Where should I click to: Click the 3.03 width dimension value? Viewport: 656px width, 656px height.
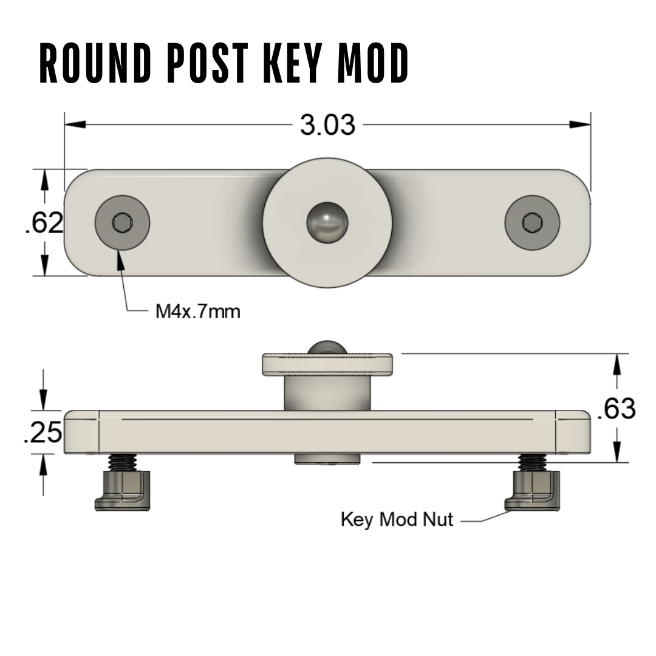(x=327, y=125)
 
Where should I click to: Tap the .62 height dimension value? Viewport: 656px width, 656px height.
(x=44, y=222)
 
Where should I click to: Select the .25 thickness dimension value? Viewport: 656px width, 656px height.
(x=43, y=432)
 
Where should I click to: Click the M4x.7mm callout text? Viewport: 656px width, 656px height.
(x=198, y=312)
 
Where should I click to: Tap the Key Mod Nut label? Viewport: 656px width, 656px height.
(x=397, y=519)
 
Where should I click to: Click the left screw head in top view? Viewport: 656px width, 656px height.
(x=122, y=222)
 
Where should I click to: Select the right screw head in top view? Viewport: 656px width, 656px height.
(x=532, y=222)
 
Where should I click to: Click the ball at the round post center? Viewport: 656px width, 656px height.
(x=327, y=222)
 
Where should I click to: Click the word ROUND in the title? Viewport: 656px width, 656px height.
(x=95, y=63)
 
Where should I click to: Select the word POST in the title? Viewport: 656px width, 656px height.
(x=208, y=63)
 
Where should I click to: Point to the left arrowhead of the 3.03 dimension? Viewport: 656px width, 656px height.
(x=75, y=125)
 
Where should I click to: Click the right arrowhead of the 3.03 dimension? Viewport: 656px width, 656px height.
(x=580, y=125)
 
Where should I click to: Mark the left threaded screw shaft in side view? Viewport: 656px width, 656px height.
(x=122, y=462)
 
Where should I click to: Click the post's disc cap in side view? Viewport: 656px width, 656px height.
(x=327, y=364)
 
